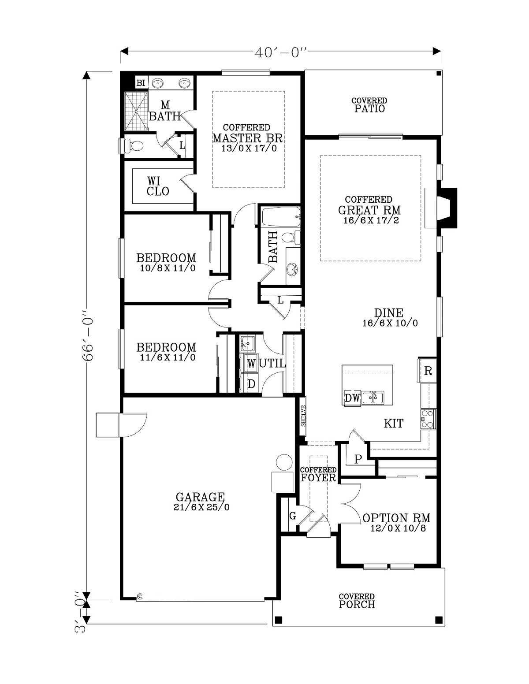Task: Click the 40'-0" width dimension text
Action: pyautogui.click(x=280, y=53)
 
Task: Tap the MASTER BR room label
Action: pyautogui.click(x=247, y=138)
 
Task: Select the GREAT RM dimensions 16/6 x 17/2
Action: pyautogui.click(x=371, y=220)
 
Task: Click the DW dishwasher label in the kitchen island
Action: pyautogui.click(x=352, y=398)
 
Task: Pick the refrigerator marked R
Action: pyautogui.click(x=427, y=370)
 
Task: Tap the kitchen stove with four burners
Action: pyautogui.click(x=428, y=419)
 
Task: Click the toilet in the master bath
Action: pyautogui.click(x=133, y=146)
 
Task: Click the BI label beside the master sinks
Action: pyautogui.click(x=141, y=83)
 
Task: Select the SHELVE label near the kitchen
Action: pyautogui.click(x=303, y=416)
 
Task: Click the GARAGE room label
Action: pyautogui.click(x=200, y=497)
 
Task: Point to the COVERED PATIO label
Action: pyautogui.click(x=369, y=105)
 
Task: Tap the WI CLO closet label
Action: pyautogui.click(x=158, y=186)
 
